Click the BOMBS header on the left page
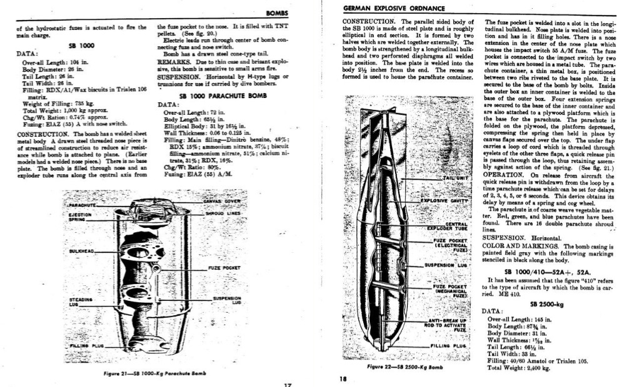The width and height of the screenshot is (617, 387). coord(276,13)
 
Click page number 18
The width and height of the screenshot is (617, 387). coord(343,378)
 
